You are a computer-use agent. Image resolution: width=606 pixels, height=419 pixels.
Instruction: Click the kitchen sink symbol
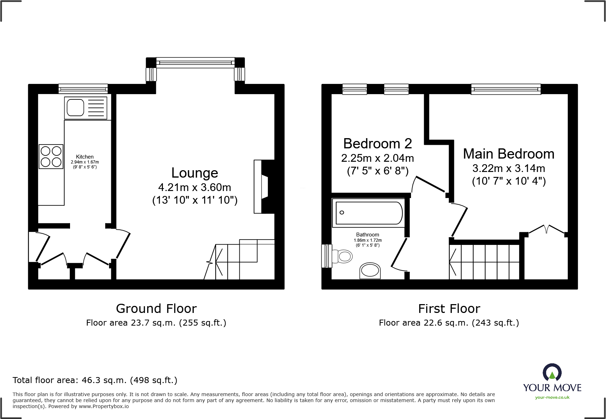(x=86, y=108)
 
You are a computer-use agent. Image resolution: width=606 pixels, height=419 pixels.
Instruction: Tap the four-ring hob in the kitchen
(x=51, y=156)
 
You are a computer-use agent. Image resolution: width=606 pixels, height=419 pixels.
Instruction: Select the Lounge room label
(x=195, y=173)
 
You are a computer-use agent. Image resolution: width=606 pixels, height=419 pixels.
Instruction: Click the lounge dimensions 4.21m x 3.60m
(x=195, y=187)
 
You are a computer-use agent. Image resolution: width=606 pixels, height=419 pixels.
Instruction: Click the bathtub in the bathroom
(x=369, y=212)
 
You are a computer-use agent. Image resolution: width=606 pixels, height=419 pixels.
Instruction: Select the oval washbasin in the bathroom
(x=370, y=271)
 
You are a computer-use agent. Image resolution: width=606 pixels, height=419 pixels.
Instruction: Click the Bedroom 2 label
(x=377, y=144)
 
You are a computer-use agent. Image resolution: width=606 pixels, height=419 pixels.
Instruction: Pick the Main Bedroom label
(x=509, y=154)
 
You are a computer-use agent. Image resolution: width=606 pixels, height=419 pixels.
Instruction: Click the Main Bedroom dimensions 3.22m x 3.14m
(x=509, y=168)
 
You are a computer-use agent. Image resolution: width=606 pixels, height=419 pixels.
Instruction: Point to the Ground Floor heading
(x=156, y=309)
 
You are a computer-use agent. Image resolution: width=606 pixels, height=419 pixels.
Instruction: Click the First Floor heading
(x=449, y=309)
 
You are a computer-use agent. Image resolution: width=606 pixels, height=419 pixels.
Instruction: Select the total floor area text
(x=95, y=380)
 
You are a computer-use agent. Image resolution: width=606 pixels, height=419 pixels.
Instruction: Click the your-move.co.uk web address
(x=552, y=398)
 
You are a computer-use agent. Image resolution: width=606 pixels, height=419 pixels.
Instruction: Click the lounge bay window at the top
(x=195, y=63)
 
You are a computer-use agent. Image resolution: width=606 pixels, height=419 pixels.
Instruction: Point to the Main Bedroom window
(x=506, y=89)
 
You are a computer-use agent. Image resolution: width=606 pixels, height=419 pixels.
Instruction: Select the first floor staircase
(x=485, y=262)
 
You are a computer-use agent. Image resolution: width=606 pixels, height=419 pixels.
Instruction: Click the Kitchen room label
(x=85, y=157)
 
